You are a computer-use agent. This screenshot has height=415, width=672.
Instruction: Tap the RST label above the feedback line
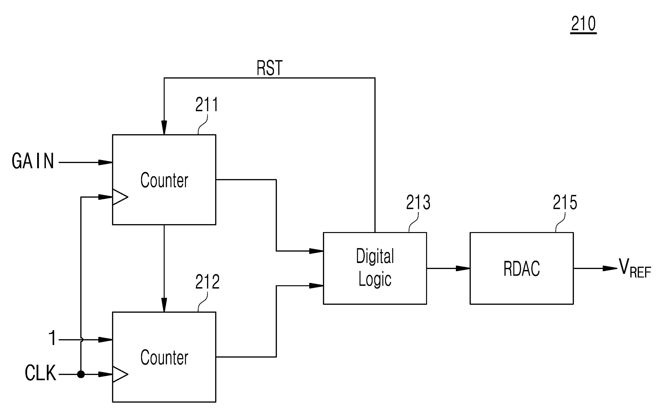269,68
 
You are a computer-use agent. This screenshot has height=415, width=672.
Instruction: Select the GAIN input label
33,161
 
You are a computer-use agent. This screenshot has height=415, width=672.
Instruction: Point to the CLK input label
40,373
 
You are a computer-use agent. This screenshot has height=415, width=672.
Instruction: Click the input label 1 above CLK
52,338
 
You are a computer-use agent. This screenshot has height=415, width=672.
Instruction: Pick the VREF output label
634,268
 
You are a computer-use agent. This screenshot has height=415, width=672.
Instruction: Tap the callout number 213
418,202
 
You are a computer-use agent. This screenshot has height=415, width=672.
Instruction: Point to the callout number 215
565,202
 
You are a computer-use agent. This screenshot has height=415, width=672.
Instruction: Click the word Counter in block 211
164,180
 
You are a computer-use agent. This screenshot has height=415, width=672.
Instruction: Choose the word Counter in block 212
164,357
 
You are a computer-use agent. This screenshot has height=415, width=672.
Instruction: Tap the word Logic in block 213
375,280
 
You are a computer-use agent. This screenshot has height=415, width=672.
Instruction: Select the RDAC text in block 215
521,268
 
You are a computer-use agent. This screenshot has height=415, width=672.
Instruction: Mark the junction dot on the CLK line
81,374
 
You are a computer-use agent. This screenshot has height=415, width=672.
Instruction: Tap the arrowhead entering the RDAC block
463,268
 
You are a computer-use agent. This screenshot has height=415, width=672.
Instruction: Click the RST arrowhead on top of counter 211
164,128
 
